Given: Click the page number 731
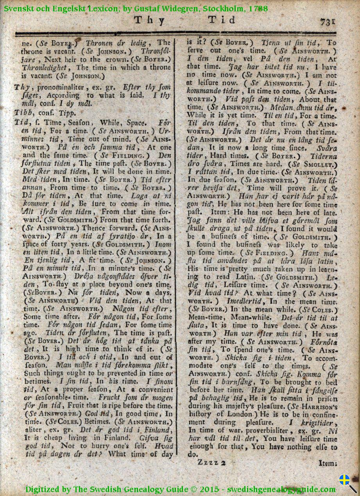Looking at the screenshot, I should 328,21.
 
